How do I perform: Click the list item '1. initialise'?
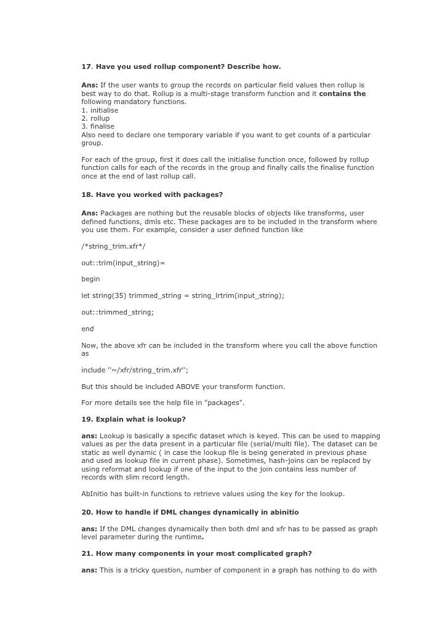point(100,110)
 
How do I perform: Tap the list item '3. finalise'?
point(98,126)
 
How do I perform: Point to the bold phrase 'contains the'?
point(342,94)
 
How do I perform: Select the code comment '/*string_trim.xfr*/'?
point(113,246)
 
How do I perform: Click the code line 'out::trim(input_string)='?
point(123,263)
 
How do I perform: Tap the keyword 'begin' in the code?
point(90,279)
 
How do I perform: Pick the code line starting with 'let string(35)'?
point(183,295)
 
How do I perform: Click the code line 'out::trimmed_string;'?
point(118,312)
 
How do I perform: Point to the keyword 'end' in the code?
point(87,329)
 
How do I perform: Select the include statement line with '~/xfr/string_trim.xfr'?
point(135,370)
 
